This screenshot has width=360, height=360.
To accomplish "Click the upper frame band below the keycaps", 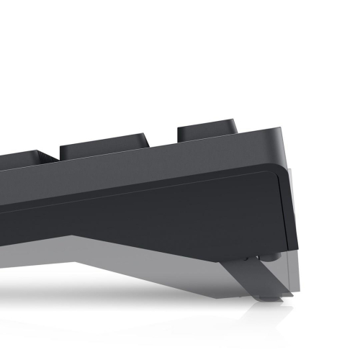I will (x=180, y=162).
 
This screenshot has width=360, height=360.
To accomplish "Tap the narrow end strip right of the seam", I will (x=294, y=209).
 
